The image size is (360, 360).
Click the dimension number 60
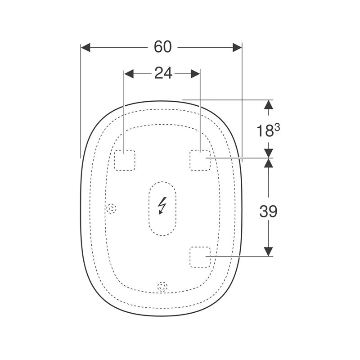click(x=162, y=47)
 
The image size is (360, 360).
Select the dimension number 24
click(x=163, y=73)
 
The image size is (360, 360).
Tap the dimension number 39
click(x=268, y=211)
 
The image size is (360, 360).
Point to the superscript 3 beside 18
click(x=277, y=127)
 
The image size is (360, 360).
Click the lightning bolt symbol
click(x=162, y=206)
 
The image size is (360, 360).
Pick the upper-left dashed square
click(x=125, y=160)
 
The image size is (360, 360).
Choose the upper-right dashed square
click(x=200, y=160)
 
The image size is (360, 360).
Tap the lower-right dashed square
click(x=200, y=257)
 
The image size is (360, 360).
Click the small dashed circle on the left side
click(x=111, y=209)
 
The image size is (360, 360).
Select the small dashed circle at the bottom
click(x=162, y=287)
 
